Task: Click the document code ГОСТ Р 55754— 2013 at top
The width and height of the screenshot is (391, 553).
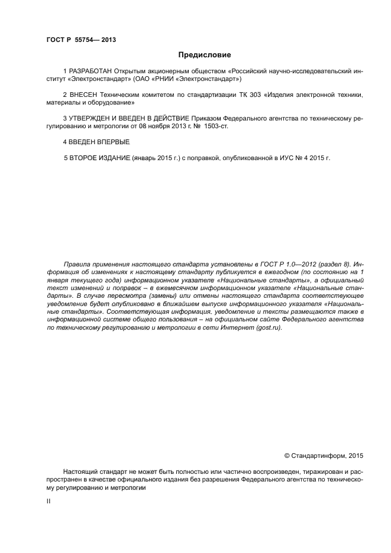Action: click(80, 40)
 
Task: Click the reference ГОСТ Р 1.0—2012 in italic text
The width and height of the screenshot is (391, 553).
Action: click(290, 264)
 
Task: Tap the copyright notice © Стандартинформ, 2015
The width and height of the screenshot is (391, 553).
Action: click(324, 456)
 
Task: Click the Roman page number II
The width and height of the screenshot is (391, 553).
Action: click(49, 500)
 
